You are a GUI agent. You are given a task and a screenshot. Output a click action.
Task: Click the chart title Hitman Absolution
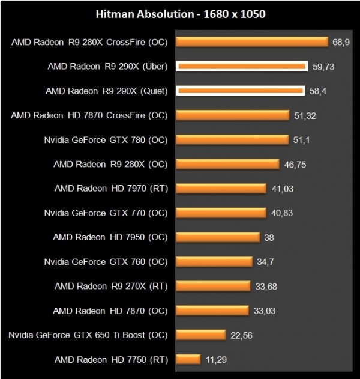coord(179,13)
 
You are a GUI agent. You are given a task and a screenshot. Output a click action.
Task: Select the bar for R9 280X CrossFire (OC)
coord(252,42)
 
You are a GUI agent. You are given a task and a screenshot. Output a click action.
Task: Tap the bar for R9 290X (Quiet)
coord(239,91)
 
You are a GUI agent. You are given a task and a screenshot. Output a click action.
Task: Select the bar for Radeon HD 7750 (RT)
coord(188,360)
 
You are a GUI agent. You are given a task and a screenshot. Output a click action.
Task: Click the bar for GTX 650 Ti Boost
coord(200,335)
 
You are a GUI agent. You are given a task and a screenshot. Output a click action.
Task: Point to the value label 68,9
coord(340,42)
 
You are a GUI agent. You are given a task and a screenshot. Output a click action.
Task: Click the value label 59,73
coord(322,67)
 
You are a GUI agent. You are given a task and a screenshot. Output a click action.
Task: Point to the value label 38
coord(269,237)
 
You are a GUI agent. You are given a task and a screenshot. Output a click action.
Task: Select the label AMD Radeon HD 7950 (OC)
coord(110,237)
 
